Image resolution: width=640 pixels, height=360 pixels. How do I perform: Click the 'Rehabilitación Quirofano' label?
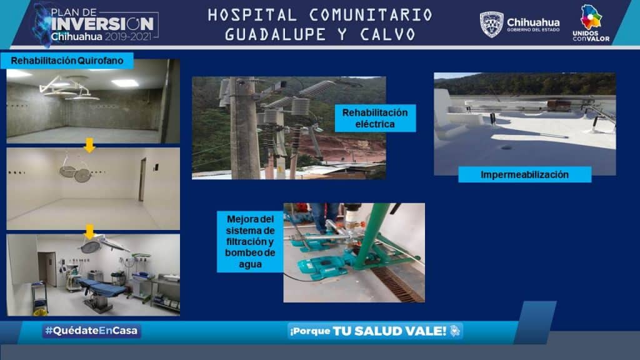tap(67, 61)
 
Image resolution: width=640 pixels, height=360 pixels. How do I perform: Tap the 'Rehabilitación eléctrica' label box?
tap(375, 118)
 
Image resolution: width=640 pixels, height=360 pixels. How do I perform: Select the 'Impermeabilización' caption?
tap(524, 175)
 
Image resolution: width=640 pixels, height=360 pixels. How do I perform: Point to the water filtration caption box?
tap(250, 242)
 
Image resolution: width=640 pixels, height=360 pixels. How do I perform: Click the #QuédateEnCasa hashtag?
tap(91, 331)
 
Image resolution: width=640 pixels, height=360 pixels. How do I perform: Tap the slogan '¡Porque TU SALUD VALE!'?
tap(374, 331)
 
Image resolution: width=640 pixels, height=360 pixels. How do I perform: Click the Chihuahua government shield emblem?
tap(491, 24)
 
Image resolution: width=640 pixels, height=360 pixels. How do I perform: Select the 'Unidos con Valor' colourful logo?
tap(591, 23)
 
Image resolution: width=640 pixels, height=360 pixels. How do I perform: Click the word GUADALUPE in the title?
tap(275, 35)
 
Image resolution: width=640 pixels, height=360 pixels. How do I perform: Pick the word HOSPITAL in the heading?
tap(252, 16)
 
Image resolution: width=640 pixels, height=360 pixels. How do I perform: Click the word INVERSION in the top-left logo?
tap(102, 24)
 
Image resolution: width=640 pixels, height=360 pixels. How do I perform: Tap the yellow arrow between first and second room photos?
tap(89, 145)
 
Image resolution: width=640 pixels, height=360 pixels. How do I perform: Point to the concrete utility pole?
tap(244, 128)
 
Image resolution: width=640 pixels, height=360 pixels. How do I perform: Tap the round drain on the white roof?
tap(506, 147)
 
